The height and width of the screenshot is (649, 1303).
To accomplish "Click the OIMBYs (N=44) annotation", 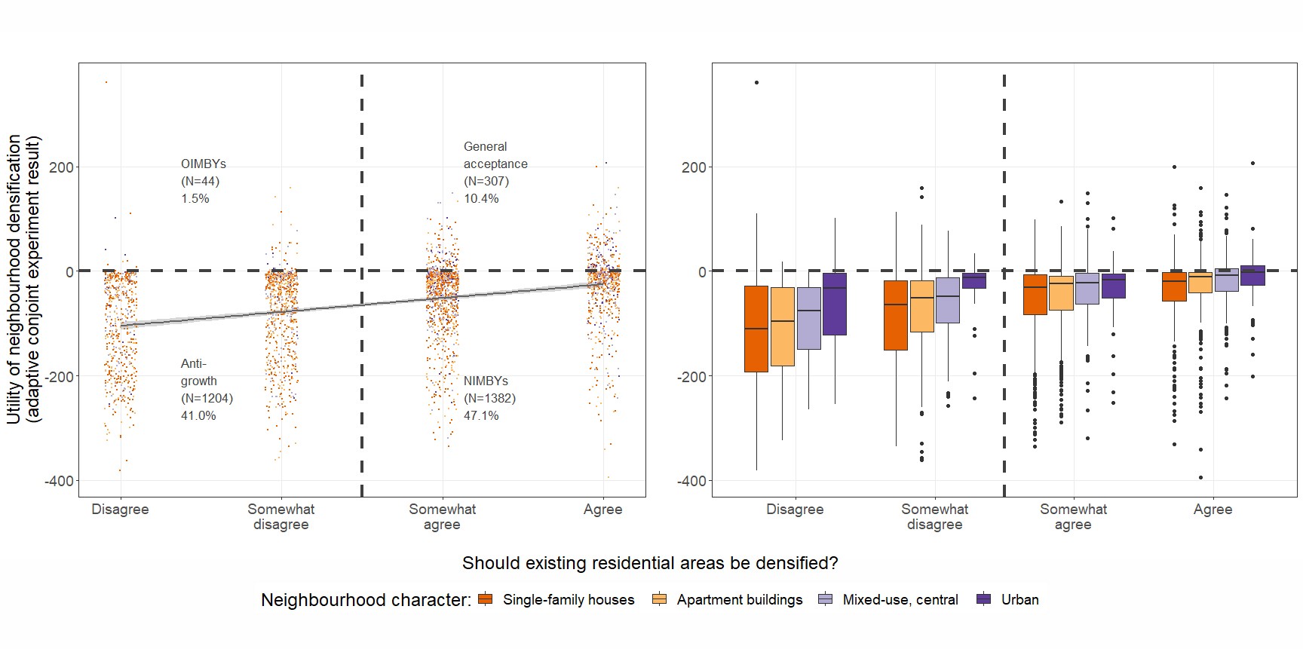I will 203,181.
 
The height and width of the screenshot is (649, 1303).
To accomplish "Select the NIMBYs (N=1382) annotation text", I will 489,398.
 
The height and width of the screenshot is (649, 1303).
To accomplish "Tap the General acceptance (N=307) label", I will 495,173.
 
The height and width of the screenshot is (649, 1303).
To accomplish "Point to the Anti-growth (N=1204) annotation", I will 206,390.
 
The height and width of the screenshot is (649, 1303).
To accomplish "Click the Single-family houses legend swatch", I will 486,600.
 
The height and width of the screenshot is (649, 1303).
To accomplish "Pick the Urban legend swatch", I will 983,600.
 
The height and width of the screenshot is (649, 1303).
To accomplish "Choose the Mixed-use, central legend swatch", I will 826,600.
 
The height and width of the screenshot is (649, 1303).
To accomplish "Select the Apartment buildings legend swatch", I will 659,600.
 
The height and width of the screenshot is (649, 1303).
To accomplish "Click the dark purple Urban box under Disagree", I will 834,304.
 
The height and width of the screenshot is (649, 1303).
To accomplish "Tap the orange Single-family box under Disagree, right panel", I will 756,329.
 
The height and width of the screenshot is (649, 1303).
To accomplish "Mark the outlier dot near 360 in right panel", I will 756,82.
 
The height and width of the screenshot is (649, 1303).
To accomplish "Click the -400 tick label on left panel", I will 59,481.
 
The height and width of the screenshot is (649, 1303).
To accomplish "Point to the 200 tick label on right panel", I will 694,167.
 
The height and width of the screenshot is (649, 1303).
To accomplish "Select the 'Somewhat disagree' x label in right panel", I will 934,517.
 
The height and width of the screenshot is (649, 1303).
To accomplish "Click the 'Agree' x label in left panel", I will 602,510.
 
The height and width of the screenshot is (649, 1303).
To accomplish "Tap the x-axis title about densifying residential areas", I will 649,564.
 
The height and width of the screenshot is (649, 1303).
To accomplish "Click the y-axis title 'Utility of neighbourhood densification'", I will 23,279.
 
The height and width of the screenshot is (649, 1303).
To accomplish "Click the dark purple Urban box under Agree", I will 1252,275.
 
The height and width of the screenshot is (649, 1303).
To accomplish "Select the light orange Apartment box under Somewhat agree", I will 1061,293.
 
